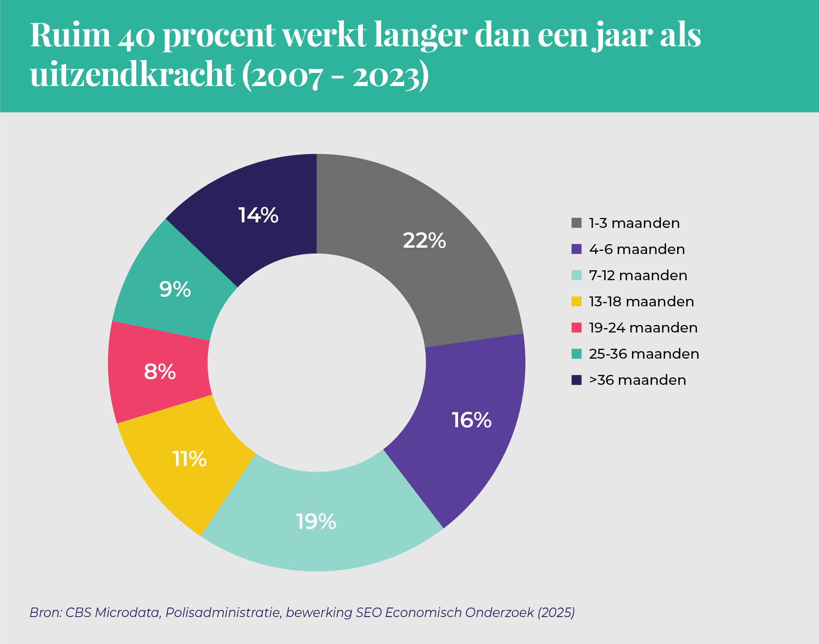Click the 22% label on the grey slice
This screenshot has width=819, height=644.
(x=424, y=241)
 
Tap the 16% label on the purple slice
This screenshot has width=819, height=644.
(x=472, y=420)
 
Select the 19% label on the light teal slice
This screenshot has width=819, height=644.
(x=316, y=522)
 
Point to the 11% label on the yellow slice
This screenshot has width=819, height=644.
(x=189, y=459)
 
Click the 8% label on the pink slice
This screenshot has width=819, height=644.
(x=160, y=372)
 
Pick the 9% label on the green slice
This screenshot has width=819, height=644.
(x=175, y=289)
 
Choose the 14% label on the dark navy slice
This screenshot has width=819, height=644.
(x=258, y=215)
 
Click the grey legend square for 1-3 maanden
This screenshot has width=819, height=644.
(x=577, y=223)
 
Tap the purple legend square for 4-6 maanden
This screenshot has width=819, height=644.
(x=577, y=249)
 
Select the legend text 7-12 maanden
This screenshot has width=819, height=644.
(x=638, y=275)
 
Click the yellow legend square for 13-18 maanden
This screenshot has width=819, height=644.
(x=577, y=301)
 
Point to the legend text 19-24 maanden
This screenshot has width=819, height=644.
(x=643, y=328)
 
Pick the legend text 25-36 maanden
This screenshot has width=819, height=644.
(x=644, y=354)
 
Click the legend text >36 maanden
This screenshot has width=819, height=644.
(x=638, y=380)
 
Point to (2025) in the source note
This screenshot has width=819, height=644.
(x=556, y=612)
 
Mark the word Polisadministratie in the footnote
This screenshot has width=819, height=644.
(x=223, y=612)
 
